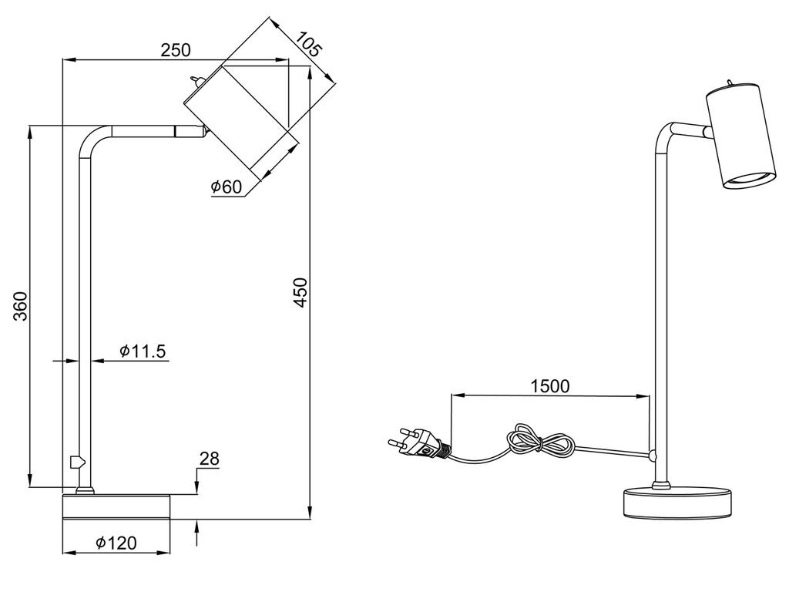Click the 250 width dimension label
pos(176,50)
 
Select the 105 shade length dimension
pos(307,44)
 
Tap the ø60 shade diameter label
pos(227,187)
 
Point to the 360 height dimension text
pos(19,306)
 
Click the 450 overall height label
pos(300,292)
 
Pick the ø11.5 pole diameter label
pos(143,351)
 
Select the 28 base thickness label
pos(210,459)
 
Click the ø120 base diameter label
pos(116,543)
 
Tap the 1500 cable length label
pos(550,386)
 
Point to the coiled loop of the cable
pos(540,442)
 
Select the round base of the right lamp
pos(677,501)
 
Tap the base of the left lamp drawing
pos(116,507)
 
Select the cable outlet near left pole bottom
pos(76,462)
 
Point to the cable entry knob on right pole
pos(653,456)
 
